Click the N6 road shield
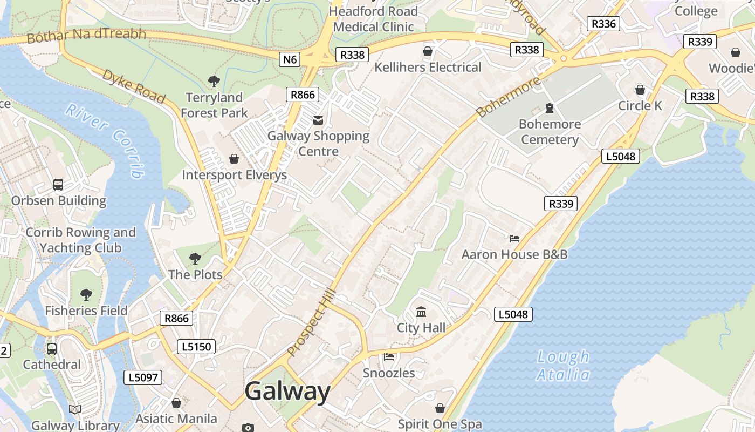pyautogui.click(x=290, y=59)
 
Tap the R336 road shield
pyautogui.click(x=603, y=24)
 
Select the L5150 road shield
pyautogui.click(x=196, y=347)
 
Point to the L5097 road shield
pyautogui.click(x=143, y=377)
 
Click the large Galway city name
pyautogui.click(x=287, y=391)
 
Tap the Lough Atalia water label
pyautogui.click(x=563, y=366)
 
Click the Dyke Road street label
pyautogui.click(x=133, y=86)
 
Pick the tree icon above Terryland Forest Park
pyautogui.click(x=214, y=82)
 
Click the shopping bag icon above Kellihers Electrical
pyautogui.click(x=428, y=52)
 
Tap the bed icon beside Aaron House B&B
pyautogui.click(x=514, y=238)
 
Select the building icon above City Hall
pyautogui.click(x=421, y=312)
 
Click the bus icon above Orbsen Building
pyautogui.click(x=58, y=185)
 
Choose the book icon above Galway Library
pyautogui.click(x=75, y=409)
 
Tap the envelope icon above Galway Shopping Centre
pyautogui.click(x=318, y=120)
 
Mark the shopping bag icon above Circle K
pyautogui.click(x=640, y=90)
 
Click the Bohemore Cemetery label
pyautogui.click(x=550, y=132)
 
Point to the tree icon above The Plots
pyautogui.click(x=195, y=259)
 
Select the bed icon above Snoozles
pyautogui.click(x=389, y=357)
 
